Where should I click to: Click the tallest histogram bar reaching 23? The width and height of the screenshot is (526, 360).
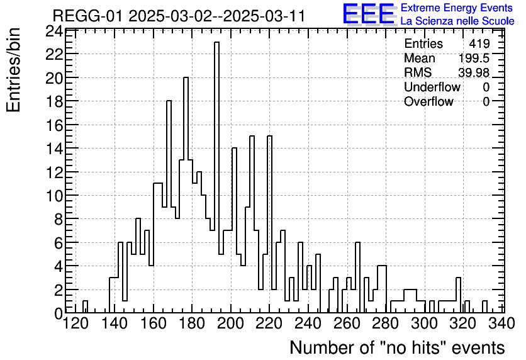tap(216, 176)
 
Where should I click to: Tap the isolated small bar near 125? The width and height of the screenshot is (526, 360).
tap(86, 307)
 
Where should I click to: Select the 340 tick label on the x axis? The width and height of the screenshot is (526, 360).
tap(504, 323)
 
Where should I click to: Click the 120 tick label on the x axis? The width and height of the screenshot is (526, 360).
tap(76, 323)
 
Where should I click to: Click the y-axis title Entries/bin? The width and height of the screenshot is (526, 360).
tap(14, 69)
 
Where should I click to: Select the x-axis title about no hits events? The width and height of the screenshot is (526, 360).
tap(397, 347)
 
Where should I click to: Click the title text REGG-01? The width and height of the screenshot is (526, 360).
tap(88, 16)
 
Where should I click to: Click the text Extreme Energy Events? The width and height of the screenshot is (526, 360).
tap(456, 8)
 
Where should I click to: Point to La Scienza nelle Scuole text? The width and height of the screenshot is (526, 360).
tap(457, 21)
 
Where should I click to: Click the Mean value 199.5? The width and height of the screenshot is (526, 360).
tap(474, 59)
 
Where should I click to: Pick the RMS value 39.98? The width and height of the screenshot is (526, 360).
tap(474, 73)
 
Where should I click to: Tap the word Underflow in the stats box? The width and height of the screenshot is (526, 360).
tap(432, 87)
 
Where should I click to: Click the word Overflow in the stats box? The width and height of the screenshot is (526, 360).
tap(428, 101)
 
